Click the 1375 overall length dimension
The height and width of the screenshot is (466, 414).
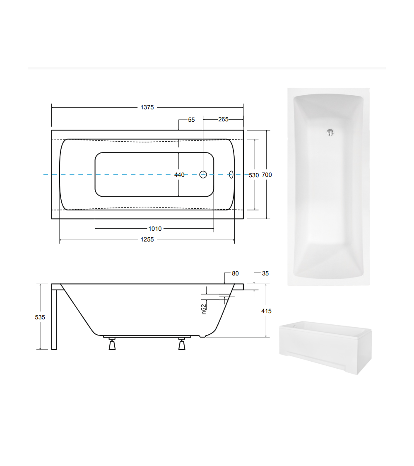(147, 107)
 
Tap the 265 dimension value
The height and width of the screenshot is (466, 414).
(223, 119)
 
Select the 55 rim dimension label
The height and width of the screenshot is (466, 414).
(191, 120)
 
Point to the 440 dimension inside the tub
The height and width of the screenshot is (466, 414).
(179, 175)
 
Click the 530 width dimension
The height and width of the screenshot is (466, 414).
(254, 175)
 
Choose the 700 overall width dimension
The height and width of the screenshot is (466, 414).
(267, 175)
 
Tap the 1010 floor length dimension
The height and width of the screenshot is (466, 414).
(155, 229)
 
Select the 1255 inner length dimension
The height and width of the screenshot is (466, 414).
(147, 239)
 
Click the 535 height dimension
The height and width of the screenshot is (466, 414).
(40, 317)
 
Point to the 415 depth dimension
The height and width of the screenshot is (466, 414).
(266, 311)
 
